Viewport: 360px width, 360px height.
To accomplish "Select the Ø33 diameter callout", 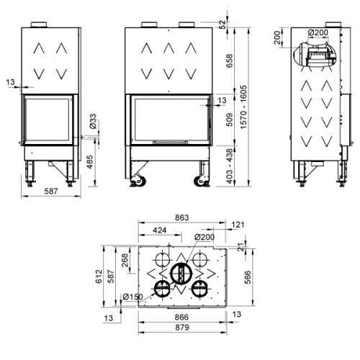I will pyautogui.click(x=94, y=122).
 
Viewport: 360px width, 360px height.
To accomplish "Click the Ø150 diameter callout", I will pyautogui.click(x=132, y=297).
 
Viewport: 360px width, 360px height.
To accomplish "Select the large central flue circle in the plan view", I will pyautogui.click(x=181, y=274).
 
